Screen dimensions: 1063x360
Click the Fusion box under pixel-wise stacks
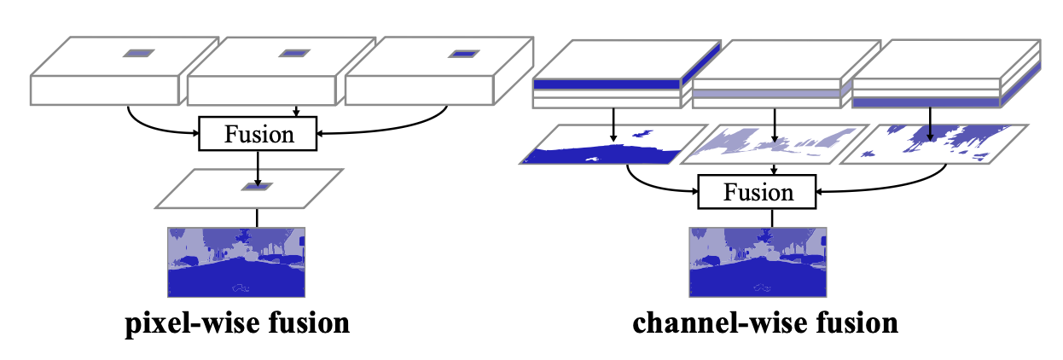(x=258, y=134)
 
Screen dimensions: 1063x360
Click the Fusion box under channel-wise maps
(x=757, y=192)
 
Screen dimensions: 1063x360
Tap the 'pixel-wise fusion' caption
(x=237, y=324)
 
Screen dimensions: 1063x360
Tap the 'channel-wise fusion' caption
(x=765, y=324)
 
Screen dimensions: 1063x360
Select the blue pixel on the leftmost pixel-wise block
(x=139, y=53)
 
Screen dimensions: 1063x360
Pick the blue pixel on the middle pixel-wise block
(x=294, y=53)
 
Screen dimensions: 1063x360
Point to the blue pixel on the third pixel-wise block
(x=463, y=54)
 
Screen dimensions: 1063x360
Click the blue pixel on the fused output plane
(x=258, y=187)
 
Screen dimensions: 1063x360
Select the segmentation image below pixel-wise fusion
(x=236, y=262)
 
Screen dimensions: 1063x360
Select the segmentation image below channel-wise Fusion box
(x=758, y=262)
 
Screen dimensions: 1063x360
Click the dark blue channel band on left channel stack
(x=607, y=84)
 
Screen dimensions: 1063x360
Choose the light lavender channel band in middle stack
(x=766, y=94)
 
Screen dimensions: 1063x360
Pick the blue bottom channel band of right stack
(x=926, y=102)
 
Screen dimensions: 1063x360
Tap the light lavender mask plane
(x=775, y=144)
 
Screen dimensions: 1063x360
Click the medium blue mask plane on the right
(x=934, y=144)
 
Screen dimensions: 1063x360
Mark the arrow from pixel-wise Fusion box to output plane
(x=258, y=168)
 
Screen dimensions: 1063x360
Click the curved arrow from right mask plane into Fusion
(x=897, y=187)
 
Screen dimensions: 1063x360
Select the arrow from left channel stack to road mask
(x=613, y=125)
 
